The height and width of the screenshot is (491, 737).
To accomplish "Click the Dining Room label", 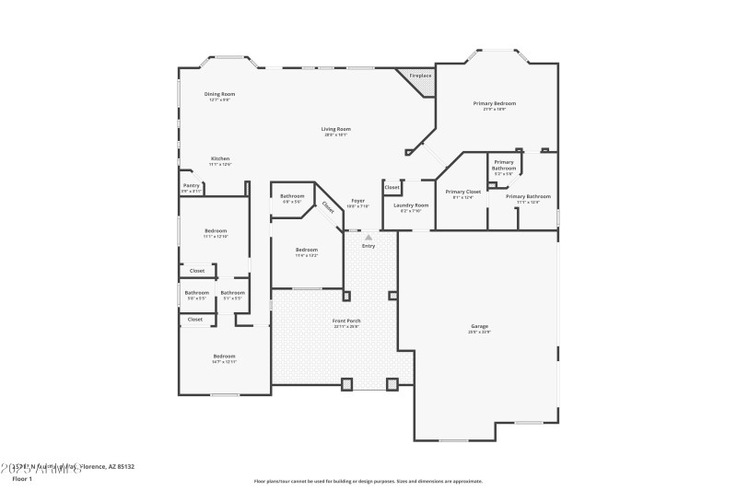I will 219,94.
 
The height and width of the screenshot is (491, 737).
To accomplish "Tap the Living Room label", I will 335,129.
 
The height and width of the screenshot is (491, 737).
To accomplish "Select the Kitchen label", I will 219,158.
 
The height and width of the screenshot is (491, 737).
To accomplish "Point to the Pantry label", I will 191,186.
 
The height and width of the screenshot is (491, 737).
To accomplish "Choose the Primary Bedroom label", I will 495,103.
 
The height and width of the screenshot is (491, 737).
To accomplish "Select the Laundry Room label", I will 411,205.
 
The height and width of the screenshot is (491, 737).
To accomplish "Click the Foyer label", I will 357,201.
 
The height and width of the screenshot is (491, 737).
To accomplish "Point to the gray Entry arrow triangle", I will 368,237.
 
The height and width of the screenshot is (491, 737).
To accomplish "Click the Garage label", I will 479,326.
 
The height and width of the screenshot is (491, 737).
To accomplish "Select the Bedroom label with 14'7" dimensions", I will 224,357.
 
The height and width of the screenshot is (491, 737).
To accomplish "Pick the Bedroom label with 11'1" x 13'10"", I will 215,231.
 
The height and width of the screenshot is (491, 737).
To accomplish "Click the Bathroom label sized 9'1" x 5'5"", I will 232,293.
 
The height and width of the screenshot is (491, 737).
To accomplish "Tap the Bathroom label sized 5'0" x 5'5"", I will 197,293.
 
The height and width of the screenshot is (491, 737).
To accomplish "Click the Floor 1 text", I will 21,479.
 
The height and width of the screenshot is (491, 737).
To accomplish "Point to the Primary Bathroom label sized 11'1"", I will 528,196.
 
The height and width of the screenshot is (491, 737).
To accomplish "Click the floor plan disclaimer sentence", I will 368,480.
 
